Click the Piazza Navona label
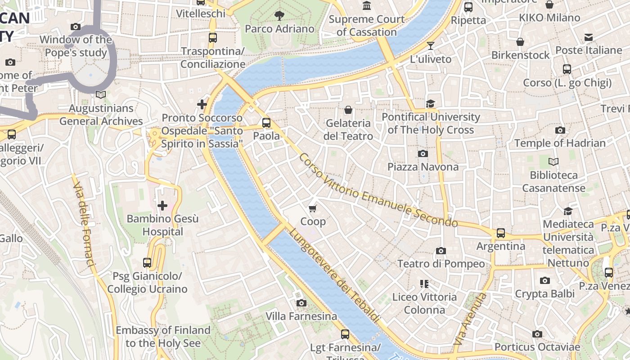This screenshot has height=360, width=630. (x=423, y=167)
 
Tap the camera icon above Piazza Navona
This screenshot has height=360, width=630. (x=423, y=154)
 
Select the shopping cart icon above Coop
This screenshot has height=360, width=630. (x=313, y=208)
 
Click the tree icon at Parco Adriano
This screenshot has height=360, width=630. (x=279, y=16)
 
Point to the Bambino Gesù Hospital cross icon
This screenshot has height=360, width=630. (x=162, y=206)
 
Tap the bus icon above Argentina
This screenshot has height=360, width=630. (x=500, y=233)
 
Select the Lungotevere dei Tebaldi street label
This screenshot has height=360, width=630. (x=334, y=275)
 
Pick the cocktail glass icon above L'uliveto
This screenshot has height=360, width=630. (x=430, y=46)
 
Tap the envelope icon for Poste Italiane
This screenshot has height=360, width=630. (x=588, y=37)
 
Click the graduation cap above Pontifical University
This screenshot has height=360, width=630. (x=431, y=104)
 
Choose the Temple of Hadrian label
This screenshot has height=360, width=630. (x=560, y=144)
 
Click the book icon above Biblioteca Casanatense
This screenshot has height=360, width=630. (x=553, y=162)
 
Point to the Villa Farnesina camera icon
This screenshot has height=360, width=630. (x=301, y=303)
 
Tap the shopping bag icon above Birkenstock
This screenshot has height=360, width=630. (x=520, y=42)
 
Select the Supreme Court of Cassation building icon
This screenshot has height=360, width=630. (x=367, y=6)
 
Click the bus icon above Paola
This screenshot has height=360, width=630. (x=266, y=122)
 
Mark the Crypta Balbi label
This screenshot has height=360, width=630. (x=544, y=294)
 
